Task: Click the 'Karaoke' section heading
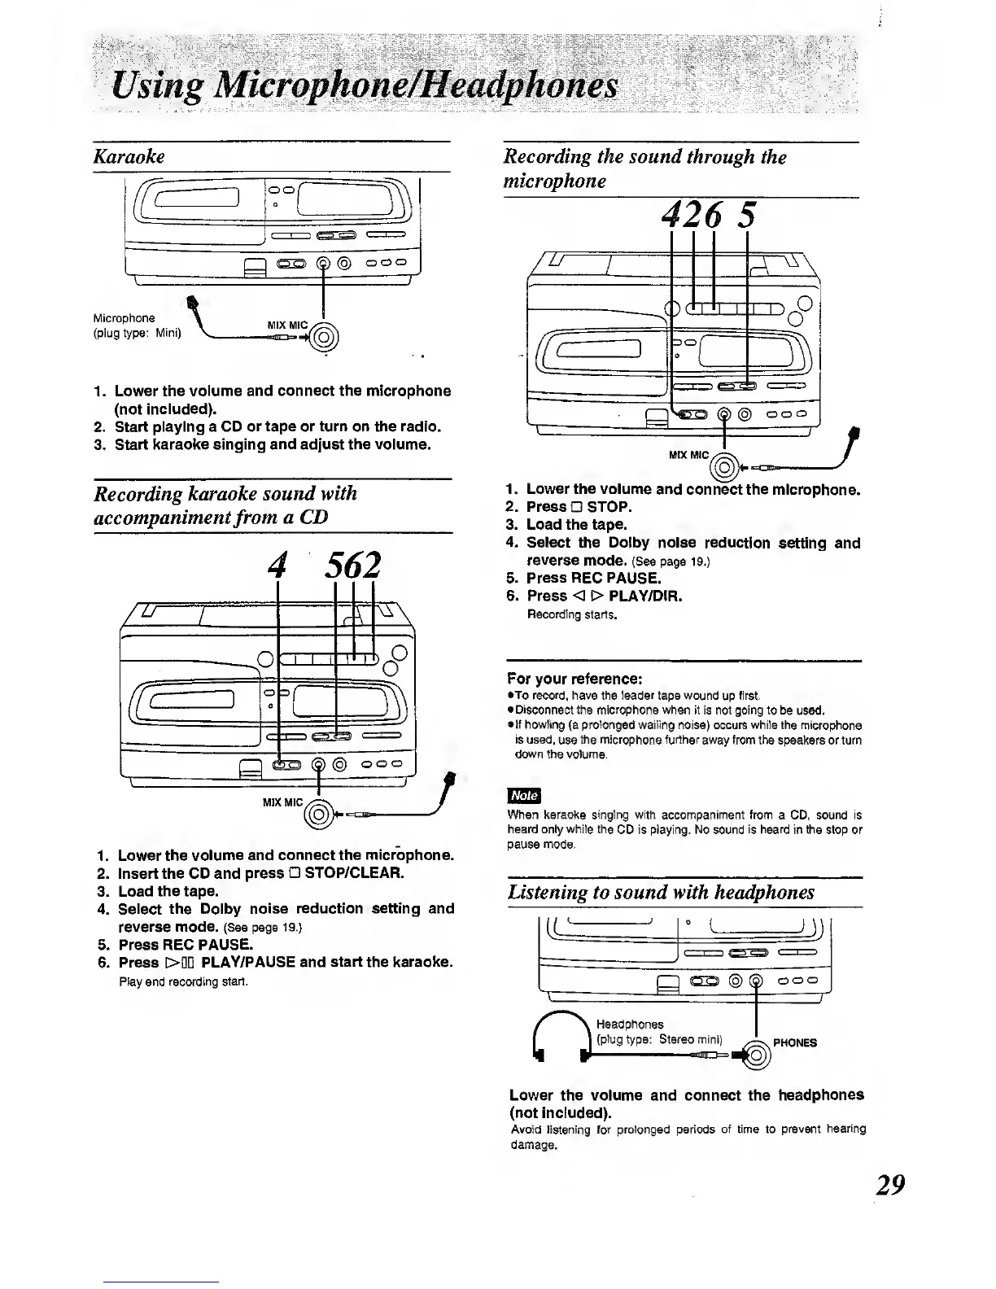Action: point(129,156)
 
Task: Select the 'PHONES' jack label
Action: point(795,1042)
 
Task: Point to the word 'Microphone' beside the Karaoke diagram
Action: point(124,317)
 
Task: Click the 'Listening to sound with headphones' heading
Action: point(661,893)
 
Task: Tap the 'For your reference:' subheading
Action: point(574,679)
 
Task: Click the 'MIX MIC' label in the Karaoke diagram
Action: point(286,326)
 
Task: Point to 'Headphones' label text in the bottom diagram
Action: point(629,1024)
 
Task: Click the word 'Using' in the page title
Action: point(145,86)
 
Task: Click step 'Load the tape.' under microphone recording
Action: point(576,525)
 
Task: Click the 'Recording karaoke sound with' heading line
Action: point(225,494)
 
